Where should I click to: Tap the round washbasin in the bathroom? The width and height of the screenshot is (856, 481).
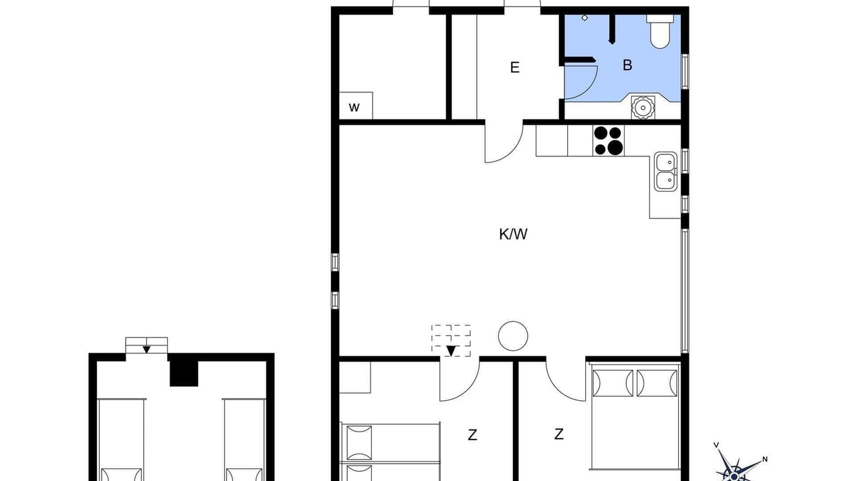pyautogui.click(x=643, y=108)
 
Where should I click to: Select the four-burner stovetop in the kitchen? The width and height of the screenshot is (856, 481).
pyautogui.click(x=609, y=140)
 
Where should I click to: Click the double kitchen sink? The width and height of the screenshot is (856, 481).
pyautogui.click(x=665, y=172)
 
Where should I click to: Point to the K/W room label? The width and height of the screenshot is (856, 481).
pyautogui.click(x=513, y=234)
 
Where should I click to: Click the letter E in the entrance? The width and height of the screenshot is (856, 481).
pyautogui.click(x=515, y=67)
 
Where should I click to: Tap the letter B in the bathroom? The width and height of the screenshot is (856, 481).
pyautogui.click(x=627, y=65)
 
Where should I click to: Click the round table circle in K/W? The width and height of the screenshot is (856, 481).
pyautogui.click(x=513, y=336)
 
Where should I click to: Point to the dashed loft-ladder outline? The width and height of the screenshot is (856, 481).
pyautogui.click(x=451, y=341)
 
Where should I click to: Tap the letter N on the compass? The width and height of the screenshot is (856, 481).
pyautogui.click(x=764, y=459)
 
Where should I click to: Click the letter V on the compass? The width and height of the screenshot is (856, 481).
pyautogui.click(x=716, y=445)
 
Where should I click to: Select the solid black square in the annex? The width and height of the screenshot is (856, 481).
pyautogui.click(x=184, y=373)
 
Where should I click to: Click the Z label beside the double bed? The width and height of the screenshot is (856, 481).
pyautogui.click(x=558, y=434)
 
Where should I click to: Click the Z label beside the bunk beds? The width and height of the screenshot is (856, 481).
pyautogui.click(x=472, y=435)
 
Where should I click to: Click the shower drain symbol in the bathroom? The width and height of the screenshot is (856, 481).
pyautogui.click(x=584, y=18)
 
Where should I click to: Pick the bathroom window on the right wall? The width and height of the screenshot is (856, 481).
pyautogui.click(x=685, y=71)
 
